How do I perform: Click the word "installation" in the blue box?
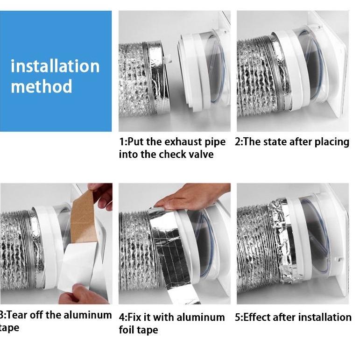point(55,66)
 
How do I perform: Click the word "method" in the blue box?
point(42,86)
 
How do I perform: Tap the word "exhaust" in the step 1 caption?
point(184,142)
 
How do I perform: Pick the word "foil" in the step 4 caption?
point(127,330)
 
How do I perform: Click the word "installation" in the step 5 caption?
point(325,318)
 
